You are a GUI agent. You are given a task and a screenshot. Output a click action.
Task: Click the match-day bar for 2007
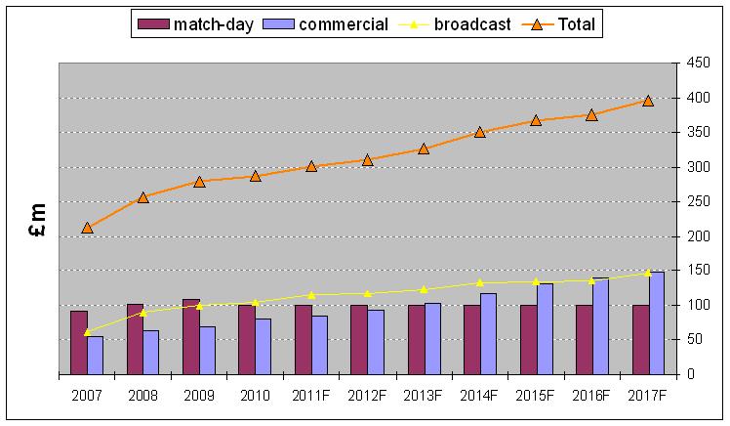[x=78, y=342]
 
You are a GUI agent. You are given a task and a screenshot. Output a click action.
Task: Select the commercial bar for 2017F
[x=657, y=322]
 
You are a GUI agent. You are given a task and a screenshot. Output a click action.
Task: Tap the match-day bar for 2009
[x=190, y=336]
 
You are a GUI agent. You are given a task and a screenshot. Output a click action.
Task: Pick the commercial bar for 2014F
[x=488, y=333]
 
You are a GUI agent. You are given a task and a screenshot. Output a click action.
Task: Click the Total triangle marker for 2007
[x=87, y=227]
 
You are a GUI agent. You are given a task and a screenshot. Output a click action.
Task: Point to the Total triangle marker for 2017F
[x=648, y=100]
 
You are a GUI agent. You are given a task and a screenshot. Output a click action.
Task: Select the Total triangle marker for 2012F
[x=367, y=159]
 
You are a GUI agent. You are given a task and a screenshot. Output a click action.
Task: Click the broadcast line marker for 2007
[x=87, y=332]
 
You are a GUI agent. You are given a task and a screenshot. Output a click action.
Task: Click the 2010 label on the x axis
[x=255, y=397]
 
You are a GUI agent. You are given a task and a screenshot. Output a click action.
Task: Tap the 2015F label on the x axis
[x=536, y=397]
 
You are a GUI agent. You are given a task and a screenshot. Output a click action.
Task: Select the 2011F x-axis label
[x=311, y=397]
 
